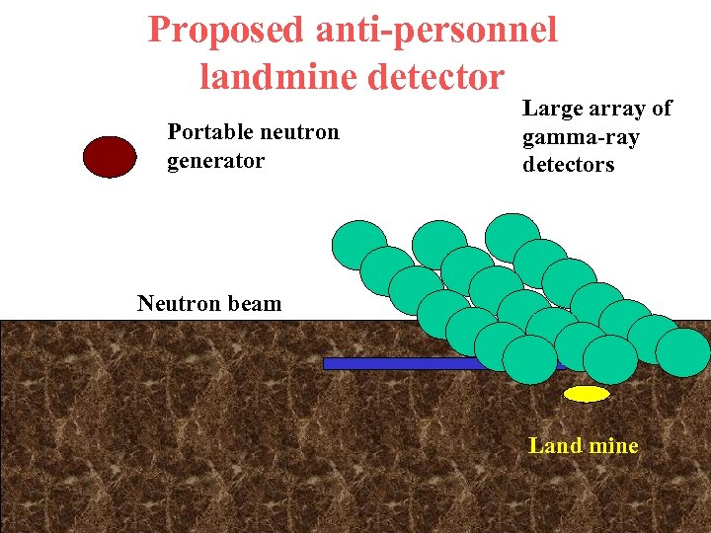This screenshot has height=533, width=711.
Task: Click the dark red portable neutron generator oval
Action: [110, 157]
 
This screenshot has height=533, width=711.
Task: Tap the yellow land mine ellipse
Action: [587, 394]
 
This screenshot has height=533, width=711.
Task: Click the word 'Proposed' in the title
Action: [226, 30]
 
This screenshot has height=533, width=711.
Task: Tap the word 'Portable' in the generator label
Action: [205, 132]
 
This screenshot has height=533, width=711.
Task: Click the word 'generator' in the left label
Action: [215, 160]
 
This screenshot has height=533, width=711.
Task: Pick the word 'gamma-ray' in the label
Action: [581, 137]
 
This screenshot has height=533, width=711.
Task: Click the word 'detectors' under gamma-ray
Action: [568, 165]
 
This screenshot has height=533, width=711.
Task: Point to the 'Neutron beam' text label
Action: [209, 304]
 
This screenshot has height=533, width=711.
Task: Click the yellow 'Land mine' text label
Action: [584, 446]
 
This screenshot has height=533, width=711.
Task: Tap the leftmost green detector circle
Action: [358, 245]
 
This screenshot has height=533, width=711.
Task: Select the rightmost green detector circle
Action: [682, 352]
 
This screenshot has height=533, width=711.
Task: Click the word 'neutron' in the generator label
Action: [296, 132]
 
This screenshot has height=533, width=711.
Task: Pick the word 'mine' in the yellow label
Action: [613, 446]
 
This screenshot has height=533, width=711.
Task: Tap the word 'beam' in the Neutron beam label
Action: [256, 304]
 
